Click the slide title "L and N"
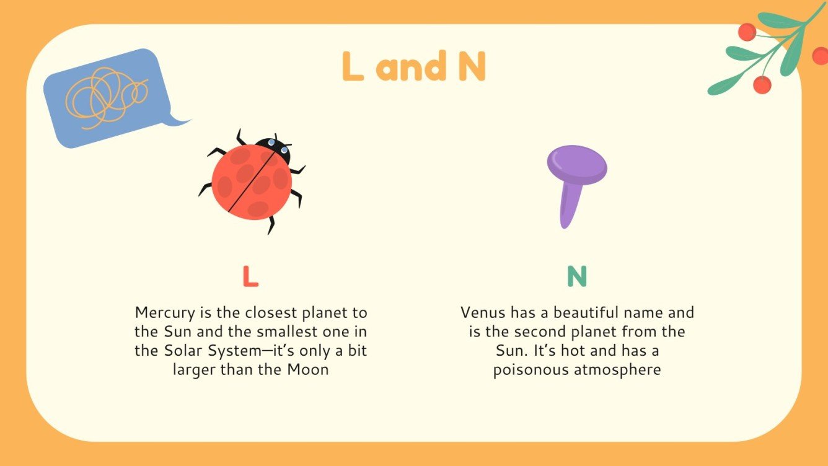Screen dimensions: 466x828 point(413,66)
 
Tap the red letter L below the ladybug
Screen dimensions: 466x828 point(250,276)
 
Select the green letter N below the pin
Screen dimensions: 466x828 point(576,276)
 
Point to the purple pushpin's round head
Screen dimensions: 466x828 point(576,165)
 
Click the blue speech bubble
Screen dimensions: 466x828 point(105,98)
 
